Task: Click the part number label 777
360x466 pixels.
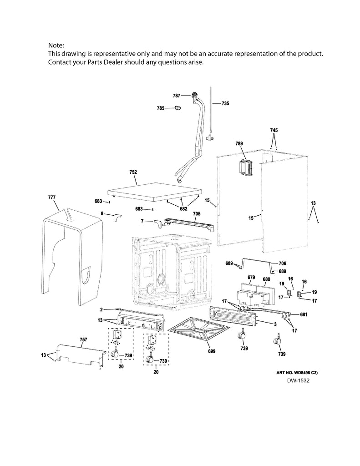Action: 51,197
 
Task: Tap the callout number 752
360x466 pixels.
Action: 133,172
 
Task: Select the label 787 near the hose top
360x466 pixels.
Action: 177,96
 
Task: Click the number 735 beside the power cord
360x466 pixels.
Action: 225,103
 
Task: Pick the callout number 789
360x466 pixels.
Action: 239,143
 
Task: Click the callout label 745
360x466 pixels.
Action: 273,130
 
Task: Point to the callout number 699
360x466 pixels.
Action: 211,351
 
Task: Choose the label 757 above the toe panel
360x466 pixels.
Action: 83,340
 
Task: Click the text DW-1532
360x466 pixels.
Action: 298,380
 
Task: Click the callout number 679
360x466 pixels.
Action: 251,278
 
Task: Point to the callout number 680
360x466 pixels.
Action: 266,279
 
